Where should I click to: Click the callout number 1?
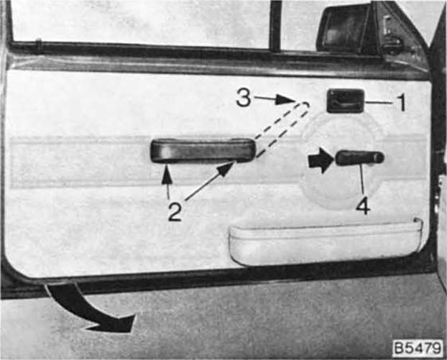pos(402,103)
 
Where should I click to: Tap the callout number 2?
pos(175,212)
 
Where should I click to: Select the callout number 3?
pos(244,98)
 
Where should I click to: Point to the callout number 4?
pos(363,206)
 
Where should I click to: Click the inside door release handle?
pos(346,101)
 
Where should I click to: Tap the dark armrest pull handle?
pos(203,150)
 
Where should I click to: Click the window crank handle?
pos(360,158)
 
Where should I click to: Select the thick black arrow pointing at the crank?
pos(321,160)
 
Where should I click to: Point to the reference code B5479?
pos(418,348)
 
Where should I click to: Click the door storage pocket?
pos(325,241)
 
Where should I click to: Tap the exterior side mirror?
pos(346,29)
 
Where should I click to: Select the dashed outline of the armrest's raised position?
pos(281,129)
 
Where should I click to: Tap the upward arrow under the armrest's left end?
pos(167,182)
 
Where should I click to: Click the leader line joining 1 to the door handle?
pos(381,103)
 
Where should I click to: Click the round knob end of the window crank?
pos(379,157)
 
